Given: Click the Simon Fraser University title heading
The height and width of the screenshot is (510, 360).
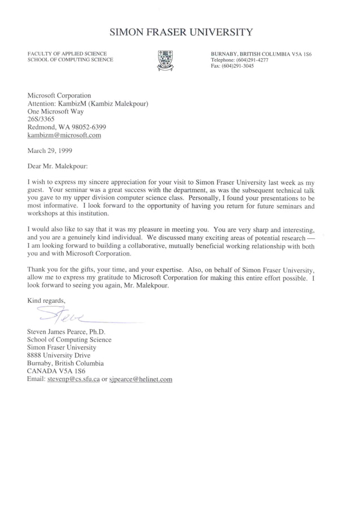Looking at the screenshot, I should click(181, 32).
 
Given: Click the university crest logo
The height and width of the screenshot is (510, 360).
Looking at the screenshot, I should click(165, 60).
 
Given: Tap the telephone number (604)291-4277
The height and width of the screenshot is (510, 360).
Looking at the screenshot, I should click(248, 59).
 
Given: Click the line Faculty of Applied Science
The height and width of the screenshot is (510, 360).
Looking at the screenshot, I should click(67, 54).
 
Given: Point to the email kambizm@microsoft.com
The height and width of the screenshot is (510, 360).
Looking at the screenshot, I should click(64, 136).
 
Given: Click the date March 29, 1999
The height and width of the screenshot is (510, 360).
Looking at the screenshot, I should click(50, 151).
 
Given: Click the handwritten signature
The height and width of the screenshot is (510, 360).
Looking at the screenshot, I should click(62, 313).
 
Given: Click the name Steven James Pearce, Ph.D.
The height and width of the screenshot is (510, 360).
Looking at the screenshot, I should click(67, 332).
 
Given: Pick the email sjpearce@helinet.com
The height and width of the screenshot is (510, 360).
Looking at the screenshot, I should click(141, 380).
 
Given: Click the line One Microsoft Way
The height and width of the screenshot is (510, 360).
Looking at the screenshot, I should click(55, 112).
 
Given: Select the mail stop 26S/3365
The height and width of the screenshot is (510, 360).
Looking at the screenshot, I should click(42, 120).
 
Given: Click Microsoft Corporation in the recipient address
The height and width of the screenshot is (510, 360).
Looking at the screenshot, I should click(59, 96).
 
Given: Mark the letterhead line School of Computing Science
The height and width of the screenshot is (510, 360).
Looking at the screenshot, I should click(70, 60).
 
